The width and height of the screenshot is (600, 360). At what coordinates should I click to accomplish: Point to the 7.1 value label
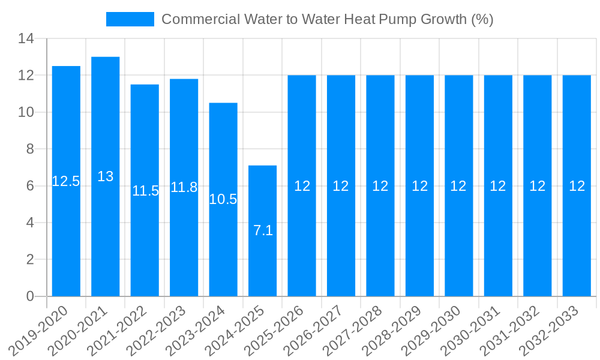pyautogui.click(x=263, y=230)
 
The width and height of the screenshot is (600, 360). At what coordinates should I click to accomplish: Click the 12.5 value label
pyautogui.click(x=66, y=181)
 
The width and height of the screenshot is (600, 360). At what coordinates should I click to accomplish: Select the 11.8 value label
pyautogui.click(x=184, y=187)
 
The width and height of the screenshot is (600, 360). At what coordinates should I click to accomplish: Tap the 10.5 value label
pyautogui.click(x=223, y=199)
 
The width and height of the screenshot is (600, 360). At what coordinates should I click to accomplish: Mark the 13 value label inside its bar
pyautogui.click(x=106, y=176)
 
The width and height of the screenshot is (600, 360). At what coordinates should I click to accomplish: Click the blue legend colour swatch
pyautogui.click(x=130, y=19)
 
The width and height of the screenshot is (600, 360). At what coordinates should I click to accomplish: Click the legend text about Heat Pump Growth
pyautogui.click(x=328, y=19)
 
